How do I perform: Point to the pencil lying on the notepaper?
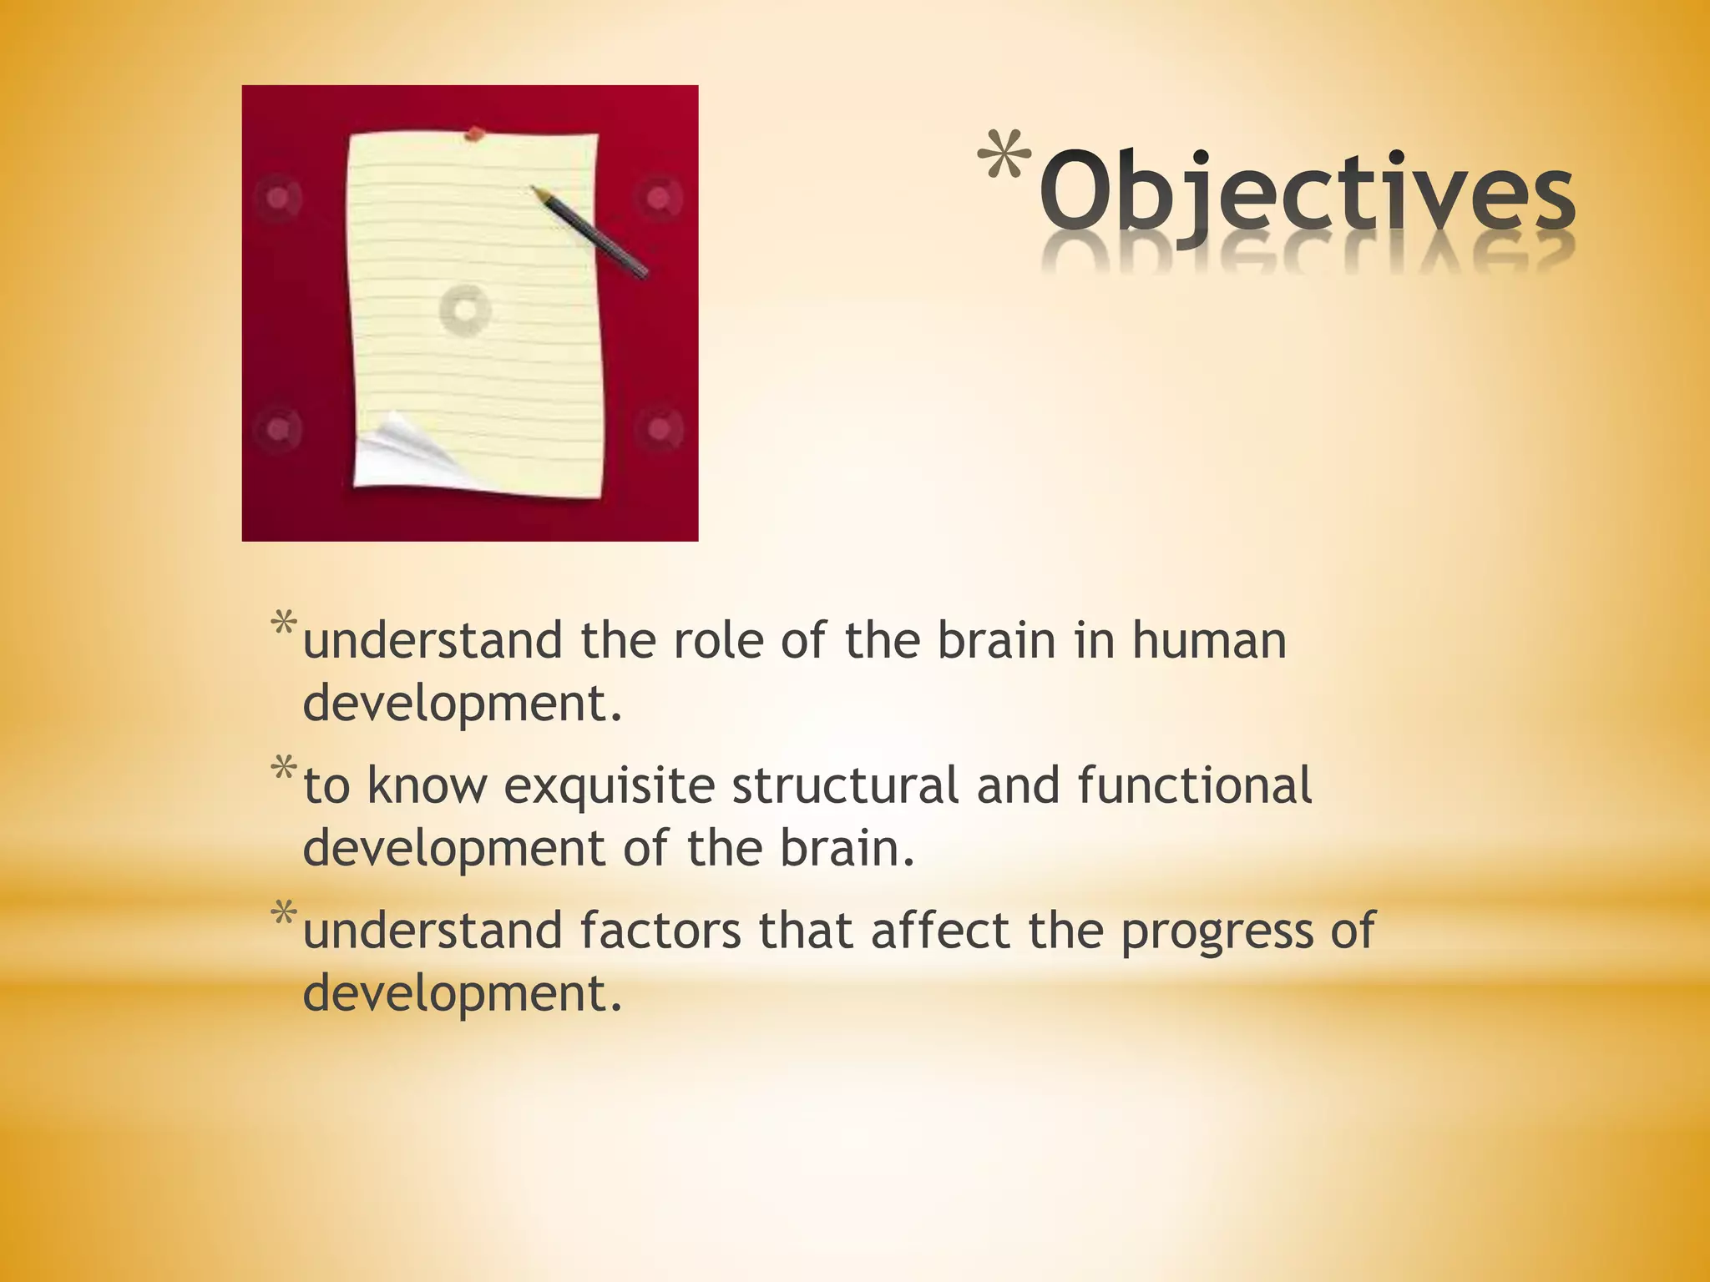pos(589,232)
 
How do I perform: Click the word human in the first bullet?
pos(1209,641)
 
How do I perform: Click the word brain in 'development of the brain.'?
pos(847,848)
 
